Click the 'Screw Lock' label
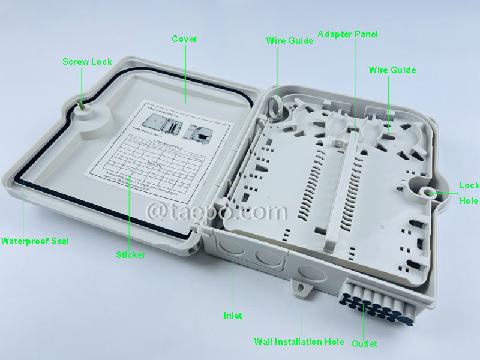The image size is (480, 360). (87, 61)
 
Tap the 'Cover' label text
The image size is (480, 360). (184, 39)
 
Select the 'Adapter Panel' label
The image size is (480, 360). (348, 34)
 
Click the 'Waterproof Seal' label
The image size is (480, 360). (35, 241)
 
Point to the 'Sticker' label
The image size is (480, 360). (130, 255)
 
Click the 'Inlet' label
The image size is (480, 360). (233, 315)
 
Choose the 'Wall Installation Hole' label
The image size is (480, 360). (299, 342)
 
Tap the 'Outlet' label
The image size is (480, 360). (365, 343)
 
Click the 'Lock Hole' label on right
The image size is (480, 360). (469, 193)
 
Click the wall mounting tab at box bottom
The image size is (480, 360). (301, 287)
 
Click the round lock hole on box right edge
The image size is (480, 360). (429, 192)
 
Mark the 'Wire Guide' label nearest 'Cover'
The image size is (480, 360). (289, 41)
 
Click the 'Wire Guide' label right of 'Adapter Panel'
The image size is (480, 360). (392, 70)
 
